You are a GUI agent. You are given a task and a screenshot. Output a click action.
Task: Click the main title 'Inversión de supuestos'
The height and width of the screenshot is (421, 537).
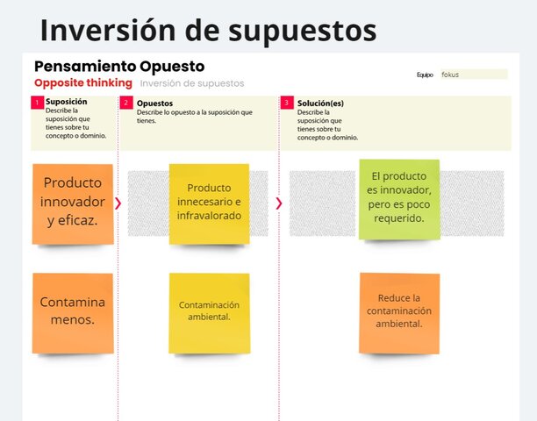click(x=208, y=30)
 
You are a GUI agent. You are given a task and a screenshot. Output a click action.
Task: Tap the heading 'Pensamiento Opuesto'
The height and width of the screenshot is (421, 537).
click(x=118, y=67)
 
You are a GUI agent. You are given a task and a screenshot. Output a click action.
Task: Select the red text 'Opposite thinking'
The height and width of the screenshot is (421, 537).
click(x=83, y=83)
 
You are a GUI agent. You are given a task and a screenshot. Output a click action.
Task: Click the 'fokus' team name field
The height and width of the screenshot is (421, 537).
click(x=473, y=75)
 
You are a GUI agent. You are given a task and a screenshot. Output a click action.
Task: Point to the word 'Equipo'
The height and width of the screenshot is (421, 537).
click(x=425, y=75)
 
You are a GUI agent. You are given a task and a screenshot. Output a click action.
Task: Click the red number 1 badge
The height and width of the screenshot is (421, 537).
click(x=38, y=103)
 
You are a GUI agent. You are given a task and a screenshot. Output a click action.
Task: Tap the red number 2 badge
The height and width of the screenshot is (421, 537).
click(x=126, y=103)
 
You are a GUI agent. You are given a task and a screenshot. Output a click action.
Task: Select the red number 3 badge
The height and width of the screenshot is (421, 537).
click(x=287, y=103)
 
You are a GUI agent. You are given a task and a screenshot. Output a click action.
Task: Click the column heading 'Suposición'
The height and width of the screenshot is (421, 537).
click(x=67, y=103)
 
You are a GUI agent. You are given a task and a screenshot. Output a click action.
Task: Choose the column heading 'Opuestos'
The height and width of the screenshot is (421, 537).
click(x=154, y=103)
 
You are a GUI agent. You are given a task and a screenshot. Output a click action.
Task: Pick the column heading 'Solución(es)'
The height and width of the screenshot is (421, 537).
click(x=320, y=103)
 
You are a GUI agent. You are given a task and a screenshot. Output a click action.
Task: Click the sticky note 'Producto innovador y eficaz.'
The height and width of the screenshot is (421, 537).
click(x=73, y=203)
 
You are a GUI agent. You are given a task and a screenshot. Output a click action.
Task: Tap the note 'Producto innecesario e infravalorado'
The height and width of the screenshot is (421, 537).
click(x=209, y=203)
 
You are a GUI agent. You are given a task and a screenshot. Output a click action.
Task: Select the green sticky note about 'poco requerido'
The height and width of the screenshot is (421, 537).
click(x=398, y=198)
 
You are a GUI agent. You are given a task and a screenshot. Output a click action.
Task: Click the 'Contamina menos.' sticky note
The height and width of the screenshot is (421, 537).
click(x=73, y=310)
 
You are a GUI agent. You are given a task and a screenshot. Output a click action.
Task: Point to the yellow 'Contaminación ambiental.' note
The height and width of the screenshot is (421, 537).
click(x=209, y=310)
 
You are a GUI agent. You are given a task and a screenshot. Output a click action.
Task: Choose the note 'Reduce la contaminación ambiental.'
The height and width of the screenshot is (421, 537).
click(x=398, y=311)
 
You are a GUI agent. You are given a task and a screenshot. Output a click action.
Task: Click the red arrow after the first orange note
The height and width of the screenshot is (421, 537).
click(x=118, y=203)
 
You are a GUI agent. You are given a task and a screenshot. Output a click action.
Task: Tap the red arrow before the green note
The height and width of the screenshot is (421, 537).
click(x=279, y=203)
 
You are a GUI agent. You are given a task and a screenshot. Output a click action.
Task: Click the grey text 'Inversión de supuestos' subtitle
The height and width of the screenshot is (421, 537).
click(x=192, y=83)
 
